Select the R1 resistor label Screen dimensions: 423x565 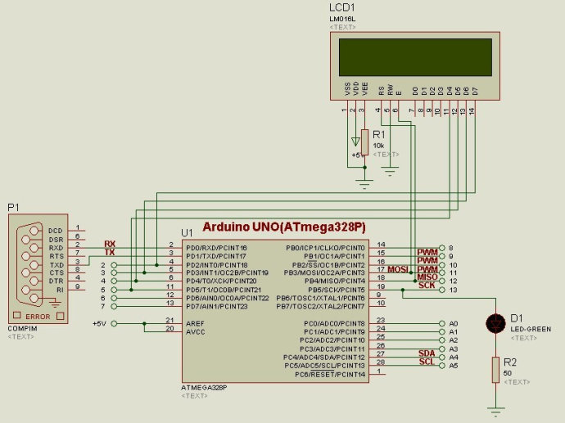click(378, 135)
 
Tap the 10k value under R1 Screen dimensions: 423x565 click(378, 145)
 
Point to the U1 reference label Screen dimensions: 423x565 click(187, 232)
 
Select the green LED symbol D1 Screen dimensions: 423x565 click(494, 323)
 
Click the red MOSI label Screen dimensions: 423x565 click(398, 269)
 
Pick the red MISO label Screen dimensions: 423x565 click(427, 277)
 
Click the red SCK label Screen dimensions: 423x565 click(427, 286)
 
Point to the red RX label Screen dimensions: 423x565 click(109, 244)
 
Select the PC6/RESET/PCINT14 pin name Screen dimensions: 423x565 click(331, 374)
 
